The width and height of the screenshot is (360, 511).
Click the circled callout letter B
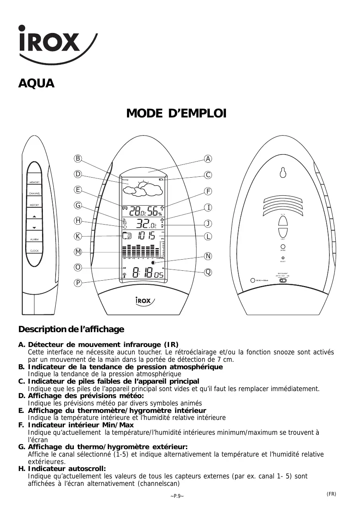coord(78,159)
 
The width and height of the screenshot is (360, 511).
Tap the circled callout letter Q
coord(209,272)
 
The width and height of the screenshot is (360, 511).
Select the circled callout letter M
coord(78,252)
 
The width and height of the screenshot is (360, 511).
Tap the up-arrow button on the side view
coord(35,216)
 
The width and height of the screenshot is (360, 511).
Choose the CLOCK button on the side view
coord(35,251)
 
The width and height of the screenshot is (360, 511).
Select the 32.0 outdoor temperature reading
coord(146,225)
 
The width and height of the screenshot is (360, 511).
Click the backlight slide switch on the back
coord(283,280)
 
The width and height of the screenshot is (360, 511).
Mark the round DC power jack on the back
coord(252,280)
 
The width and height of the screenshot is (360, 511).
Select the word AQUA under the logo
coord(36,84)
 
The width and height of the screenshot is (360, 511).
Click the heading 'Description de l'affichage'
coord(71,330)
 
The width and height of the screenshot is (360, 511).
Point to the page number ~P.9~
coord(177,496)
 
